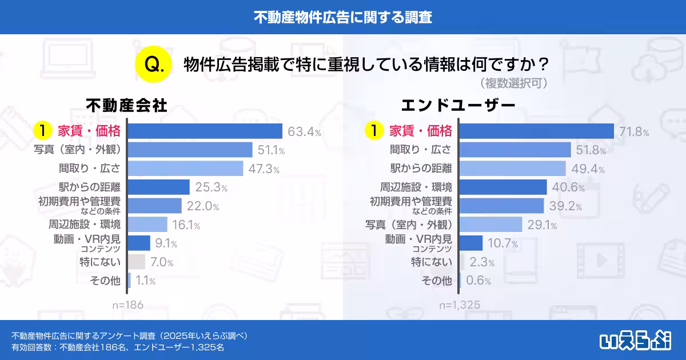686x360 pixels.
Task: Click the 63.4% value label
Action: [304, 132]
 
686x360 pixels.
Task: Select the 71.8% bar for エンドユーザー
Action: [536, 131]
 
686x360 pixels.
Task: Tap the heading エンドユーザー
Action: [458, 105]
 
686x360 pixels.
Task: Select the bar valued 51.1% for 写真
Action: [190, 150]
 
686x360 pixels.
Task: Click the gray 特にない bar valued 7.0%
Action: [136, 262]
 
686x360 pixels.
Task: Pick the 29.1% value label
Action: [542, 225]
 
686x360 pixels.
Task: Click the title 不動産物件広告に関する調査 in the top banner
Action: [343, 17]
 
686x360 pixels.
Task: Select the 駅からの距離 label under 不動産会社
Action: [90, 187]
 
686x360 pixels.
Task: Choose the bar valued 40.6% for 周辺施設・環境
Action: [503, 187]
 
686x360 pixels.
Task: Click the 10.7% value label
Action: [502, 244]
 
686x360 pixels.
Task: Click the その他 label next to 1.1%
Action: [106, 281]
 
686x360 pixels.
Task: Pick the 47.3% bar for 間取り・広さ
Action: [185, 169]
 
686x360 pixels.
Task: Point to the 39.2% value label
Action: [564, 206]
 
